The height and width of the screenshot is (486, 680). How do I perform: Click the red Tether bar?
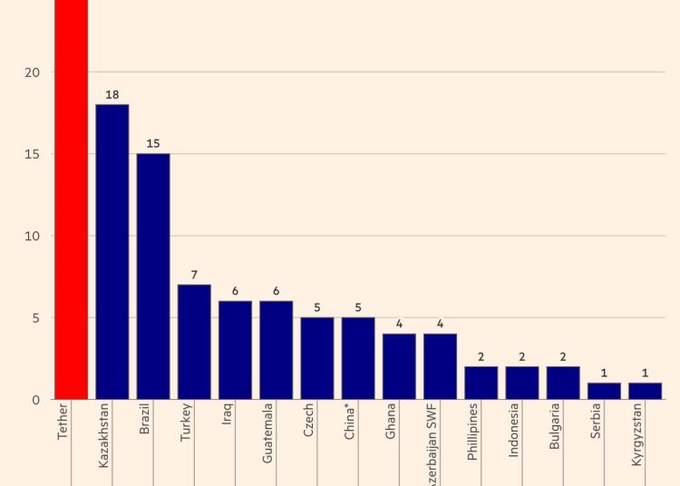(x=72, y=199)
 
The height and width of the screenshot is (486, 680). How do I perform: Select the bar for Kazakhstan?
(x=112, y=252)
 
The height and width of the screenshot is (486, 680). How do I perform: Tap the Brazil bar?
(x=153, y=277)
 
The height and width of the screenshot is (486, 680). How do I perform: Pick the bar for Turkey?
(x=194, y=342)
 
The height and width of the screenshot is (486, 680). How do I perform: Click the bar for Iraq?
(x=235, y=350)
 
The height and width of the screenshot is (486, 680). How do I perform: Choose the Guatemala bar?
(x=276, y=350)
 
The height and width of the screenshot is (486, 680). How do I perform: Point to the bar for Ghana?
(x=399, y=366)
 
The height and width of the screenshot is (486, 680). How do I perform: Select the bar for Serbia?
(x=604, y=391)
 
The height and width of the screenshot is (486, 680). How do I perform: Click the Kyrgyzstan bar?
(x=645, y=391)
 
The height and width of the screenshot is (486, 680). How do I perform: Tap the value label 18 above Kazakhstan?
(x=112, y=93)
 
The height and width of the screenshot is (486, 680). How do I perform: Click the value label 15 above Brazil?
(x=153, y=142)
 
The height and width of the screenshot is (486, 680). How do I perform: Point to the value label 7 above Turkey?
(x=194, y=274)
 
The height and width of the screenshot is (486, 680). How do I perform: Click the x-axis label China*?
(x=350, y=423)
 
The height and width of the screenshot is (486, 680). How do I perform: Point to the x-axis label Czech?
(x=309, y=421)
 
